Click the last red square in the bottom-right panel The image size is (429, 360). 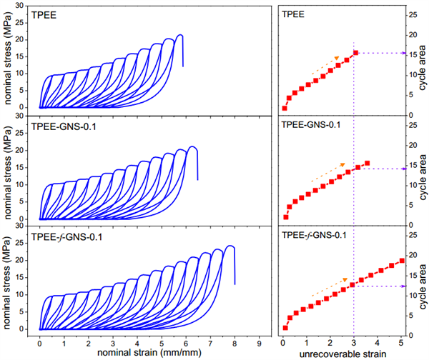[401, 260]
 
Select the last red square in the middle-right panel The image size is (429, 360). [367, 164]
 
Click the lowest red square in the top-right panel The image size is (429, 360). [285, 109]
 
